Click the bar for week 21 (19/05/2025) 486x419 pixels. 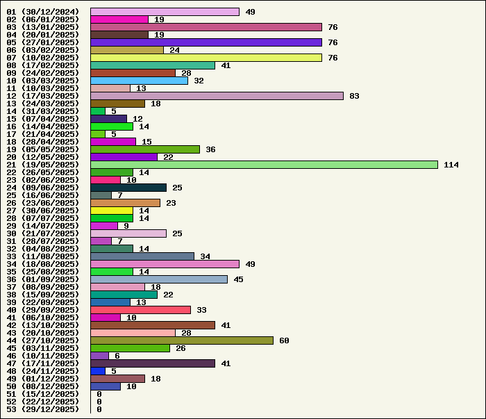[x=264, y=165]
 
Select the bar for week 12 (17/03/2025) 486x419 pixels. [x=217, y=96]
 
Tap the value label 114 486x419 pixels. [x=451, y=165]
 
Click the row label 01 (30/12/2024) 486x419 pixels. [x=43, y=12]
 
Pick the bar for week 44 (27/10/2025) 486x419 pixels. [x=182, y=340]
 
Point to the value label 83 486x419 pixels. [x=354, y=96]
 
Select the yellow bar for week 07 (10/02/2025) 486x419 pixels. [x=206, y=58]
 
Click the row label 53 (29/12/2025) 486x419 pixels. [x=43, y=409]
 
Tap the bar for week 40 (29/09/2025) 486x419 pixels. [x=140, y=310]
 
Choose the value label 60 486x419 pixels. [x=284, y=340]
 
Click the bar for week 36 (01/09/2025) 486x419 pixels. [x=159, y=279]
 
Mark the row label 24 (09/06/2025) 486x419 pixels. [x=43, y=188]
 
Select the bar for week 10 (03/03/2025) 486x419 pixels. [x=139, y=81]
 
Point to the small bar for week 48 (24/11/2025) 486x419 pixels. [x=98, y=371]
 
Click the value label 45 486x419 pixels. [x=238, y=279]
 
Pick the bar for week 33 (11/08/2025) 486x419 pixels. [x=142, y=256]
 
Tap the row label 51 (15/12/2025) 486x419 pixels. [x=43, y=394]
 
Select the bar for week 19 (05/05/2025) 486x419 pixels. [x=145, y=149]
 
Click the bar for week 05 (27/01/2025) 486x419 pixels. [x=206, y=42]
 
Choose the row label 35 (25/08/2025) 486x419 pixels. [x=43, y=272]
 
